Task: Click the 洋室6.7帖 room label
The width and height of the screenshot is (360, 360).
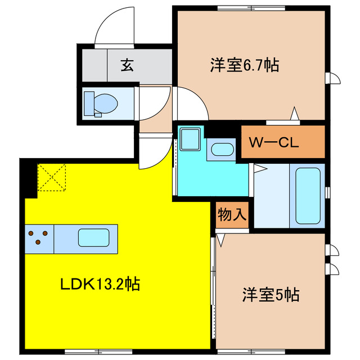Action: (245, 66)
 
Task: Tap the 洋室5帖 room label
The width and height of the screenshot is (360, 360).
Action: (271, 294)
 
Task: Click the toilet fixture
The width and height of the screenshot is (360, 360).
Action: (101, 103)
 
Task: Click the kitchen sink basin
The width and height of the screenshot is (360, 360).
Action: (93, 238)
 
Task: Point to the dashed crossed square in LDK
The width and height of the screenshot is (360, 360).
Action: (52, 177)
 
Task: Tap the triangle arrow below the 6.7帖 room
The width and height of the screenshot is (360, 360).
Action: (294, 115)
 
